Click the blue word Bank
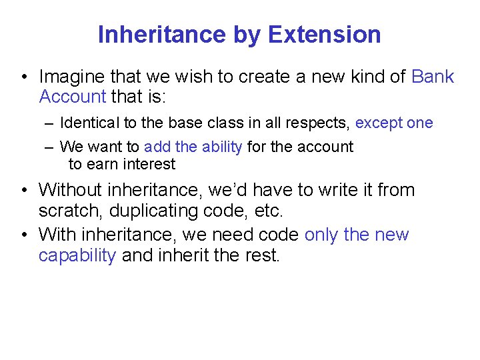click(x=433, y=77)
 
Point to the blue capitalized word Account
click(x=73, y=97)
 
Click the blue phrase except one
click(x=394, y=123)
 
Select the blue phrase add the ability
click(x=193, y=147)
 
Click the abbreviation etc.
click(x=269, y=211)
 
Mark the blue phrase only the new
click(x=356, y=235)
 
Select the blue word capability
click(x=77, y=256)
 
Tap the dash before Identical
click(x=51, y=123)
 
